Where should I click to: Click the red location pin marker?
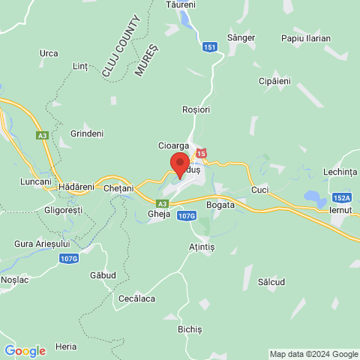(179, 163)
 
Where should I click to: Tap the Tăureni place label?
(181, 4)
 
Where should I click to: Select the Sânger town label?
(241, 37)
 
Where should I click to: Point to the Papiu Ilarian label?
(306, 38)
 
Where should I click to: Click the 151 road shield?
(211, 46)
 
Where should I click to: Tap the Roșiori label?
(196, 109)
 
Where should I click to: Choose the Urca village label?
(49, 53)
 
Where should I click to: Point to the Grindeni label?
(86, 133)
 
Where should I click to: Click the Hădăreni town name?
(76, 186)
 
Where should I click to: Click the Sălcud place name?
(271, 281)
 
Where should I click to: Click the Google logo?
(25, 351)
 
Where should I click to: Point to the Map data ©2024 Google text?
(314, 354)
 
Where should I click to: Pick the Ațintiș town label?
(201, 246)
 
